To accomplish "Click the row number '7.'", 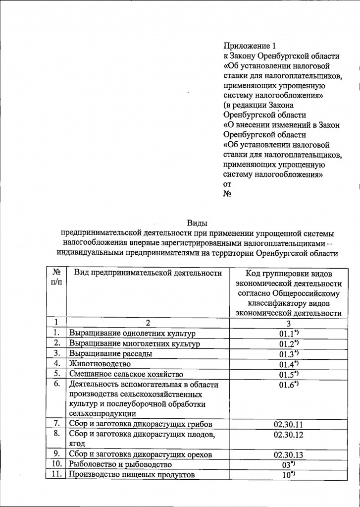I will coord(57,423).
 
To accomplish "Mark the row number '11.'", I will coord(56,475).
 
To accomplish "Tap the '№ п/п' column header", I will coord(56,278).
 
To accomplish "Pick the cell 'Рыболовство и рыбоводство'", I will coord(121,464).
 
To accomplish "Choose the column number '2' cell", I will coord(147,322).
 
